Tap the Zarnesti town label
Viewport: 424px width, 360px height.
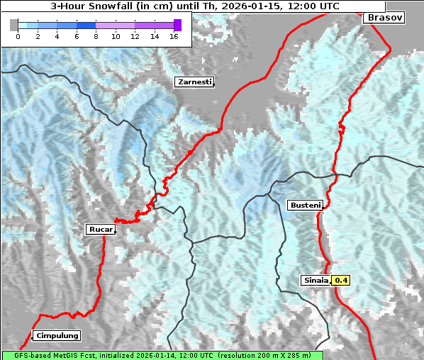[194, 82]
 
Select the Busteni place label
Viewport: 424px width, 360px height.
[305, 206]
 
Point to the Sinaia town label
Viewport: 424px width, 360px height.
[316, 280]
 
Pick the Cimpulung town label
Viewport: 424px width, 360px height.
[57, 335]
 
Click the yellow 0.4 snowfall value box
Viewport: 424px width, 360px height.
[341, 280]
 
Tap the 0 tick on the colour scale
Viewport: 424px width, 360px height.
[18, 36]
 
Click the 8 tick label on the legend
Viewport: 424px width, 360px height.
[96, 36]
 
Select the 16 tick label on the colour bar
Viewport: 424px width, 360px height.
[174, 36]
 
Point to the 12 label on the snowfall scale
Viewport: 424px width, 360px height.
[135, 36]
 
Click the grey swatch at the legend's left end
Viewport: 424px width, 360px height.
[14, 25]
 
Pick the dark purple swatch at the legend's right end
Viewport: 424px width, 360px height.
[177, 25]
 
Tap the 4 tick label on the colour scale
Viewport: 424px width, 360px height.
[57, 36]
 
